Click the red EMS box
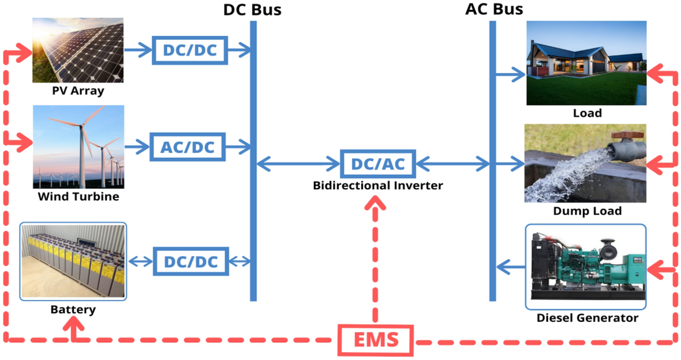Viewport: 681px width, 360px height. coord(376,340)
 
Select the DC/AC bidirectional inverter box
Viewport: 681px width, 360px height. coord(378,164)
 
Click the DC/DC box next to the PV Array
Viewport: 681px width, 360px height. coord(190,50)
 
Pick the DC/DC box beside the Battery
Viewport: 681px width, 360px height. coord(191,262)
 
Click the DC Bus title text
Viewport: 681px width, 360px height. coord(252,9)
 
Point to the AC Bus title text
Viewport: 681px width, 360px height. coord(494,9)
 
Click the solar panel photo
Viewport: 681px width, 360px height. coord(78,50)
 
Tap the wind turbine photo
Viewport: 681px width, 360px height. coord(78,147)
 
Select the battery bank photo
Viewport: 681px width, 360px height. coord(73,261)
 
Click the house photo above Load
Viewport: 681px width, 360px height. coord(586,63)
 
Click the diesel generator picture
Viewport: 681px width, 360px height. coord(586,267)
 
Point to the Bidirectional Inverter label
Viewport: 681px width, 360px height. coord(378,186)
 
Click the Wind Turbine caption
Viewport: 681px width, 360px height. coord(78,197)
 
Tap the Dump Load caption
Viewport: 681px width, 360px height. coord(588,211)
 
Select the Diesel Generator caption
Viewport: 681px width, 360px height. coord(588,318)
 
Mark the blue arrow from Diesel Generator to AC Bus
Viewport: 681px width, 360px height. coord(510,267)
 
